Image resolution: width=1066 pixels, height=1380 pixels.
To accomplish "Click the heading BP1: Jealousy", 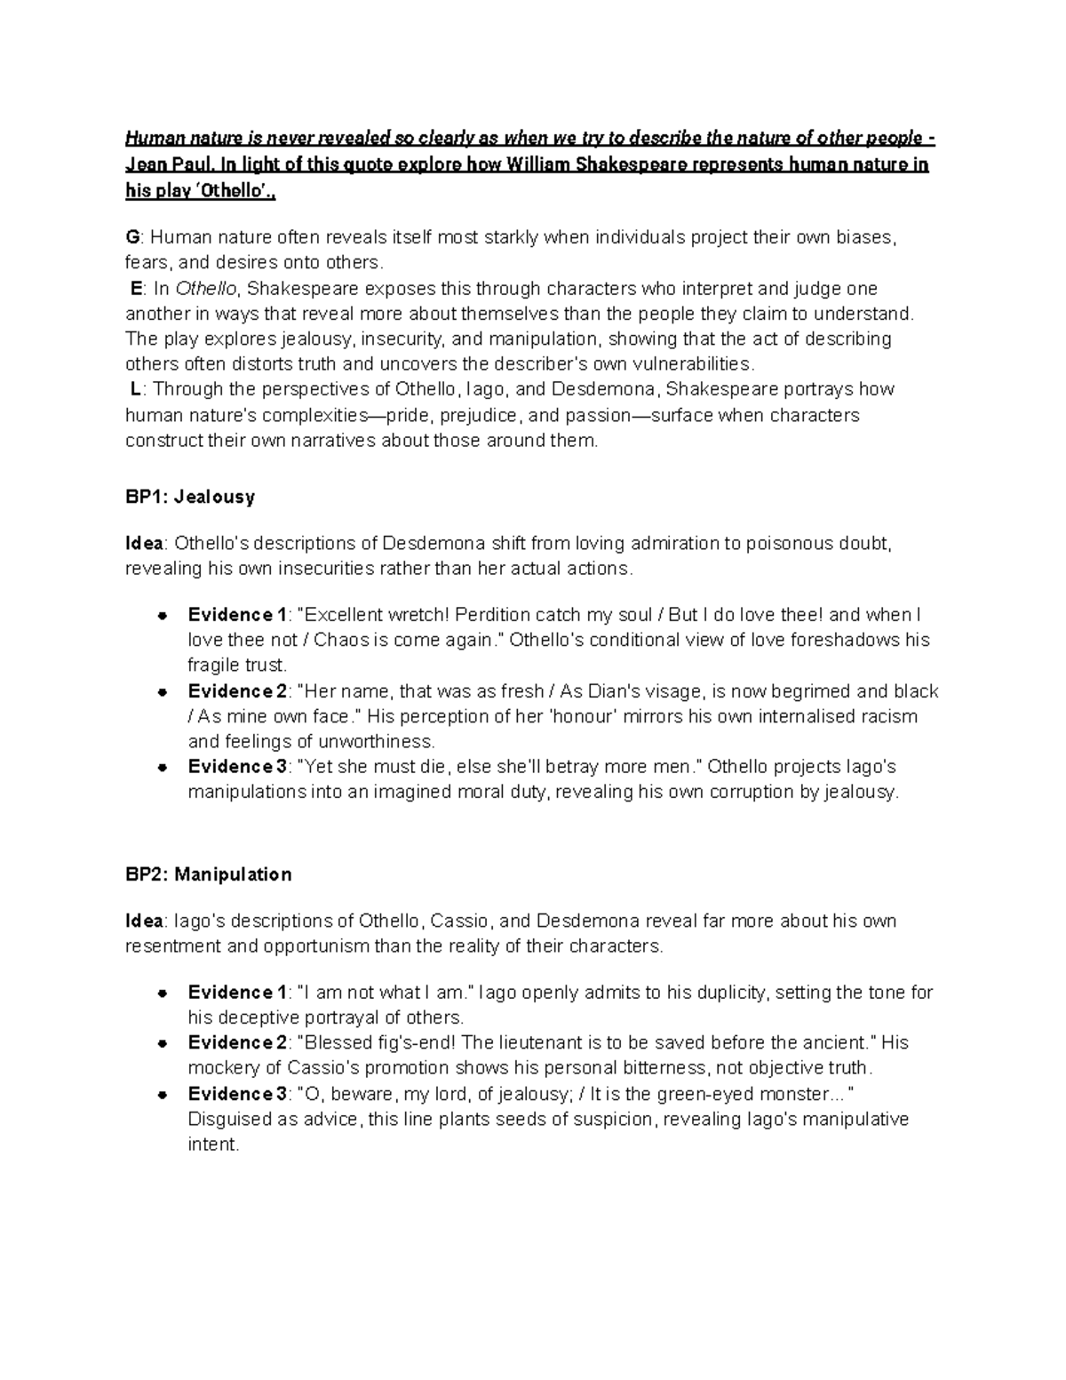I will coord(189,497).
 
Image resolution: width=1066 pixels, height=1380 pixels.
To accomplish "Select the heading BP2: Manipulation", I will coord(208,874).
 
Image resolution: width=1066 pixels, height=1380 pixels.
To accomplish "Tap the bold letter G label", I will coord(132,237).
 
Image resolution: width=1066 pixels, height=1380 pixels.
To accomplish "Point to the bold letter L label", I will coord(135,389).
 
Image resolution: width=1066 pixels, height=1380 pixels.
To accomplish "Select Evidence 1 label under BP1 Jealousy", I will coord(237,615).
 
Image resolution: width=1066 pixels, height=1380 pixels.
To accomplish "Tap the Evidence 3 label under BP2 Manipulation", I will coord(237,1094).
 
